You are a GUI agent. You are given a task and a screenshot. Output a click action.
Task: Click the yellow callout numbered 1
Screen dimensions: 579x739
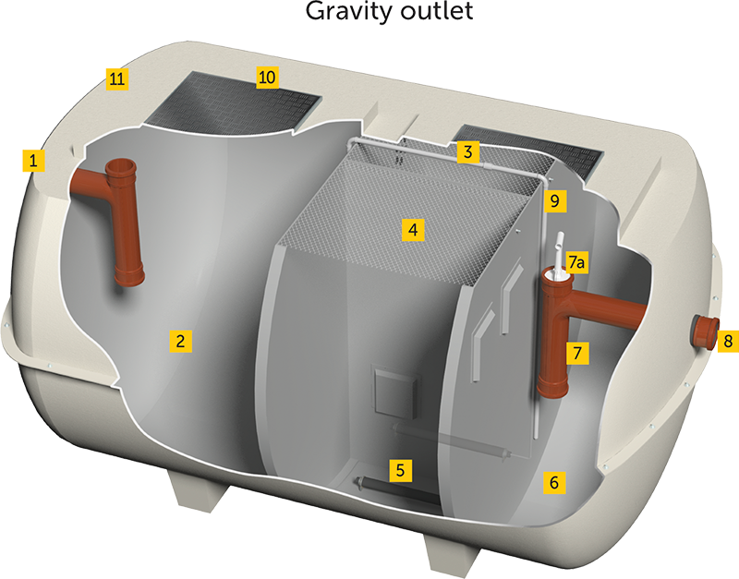[x=34, y=161]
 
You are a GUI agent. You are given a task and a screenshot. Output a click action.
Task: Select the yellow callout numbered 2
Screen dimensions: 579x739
[x=181, y=341]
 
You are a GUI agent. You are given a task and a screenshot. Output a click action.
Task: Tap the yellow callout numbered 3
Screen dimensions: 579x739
[x=469, y=151]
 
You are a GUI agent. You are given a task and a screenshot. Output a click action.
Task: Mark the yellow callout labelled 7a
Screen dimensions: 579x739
[x=576, y=263]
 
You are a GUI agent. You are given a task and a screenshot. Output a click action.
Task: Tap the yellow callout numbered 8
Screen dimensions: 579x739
[x=727, y=341]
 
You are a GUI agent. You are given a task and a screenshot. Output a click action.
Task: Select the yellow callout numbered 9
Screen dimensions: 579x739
[x=554, y=199]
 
